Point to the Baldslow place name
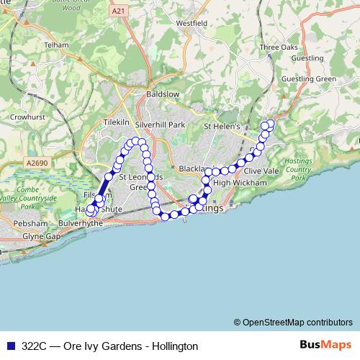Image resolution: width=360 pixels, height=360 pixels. [x=163, y=94]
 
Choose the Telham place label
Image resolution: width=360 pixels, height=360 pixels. [x=55, y=44]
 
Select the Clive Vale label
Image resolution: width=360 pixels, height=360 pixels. [x=261, y=171]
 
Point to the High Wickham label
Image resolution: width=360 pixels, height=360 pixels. [x=240, y=183]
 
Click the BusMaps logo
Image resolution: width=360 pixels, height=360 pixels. [x=325, y=346]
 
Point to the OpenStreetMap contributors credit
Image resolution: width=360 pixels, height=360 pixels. [x=293, y=322]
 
